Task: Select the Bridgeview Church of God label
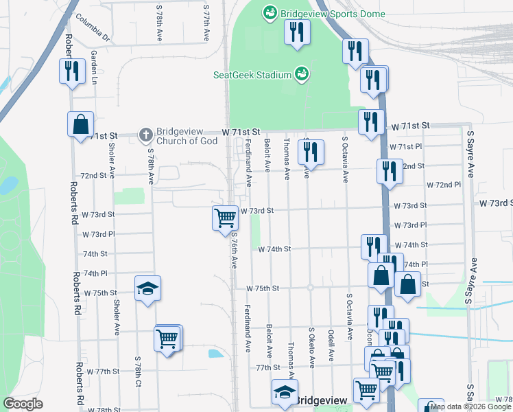[x=187, y=136]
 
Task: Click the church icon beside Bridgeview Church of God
[x=145, y=135]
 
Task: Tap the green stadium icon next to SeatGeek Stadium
[x=300, y=73]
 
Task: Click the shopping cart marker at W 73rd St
[x=225, y=218]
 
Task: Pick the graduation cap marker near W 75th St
[x=147, y=289]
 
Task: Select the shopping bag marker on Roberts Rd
[x=80, y=125]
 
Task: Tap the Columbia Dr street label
[x=93, y=26]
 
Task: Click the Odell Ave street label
[x=331, y=345]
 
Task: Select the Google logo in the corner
[x=23, y=403]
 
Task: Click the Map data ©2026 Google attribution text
[x=471, y=407]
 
